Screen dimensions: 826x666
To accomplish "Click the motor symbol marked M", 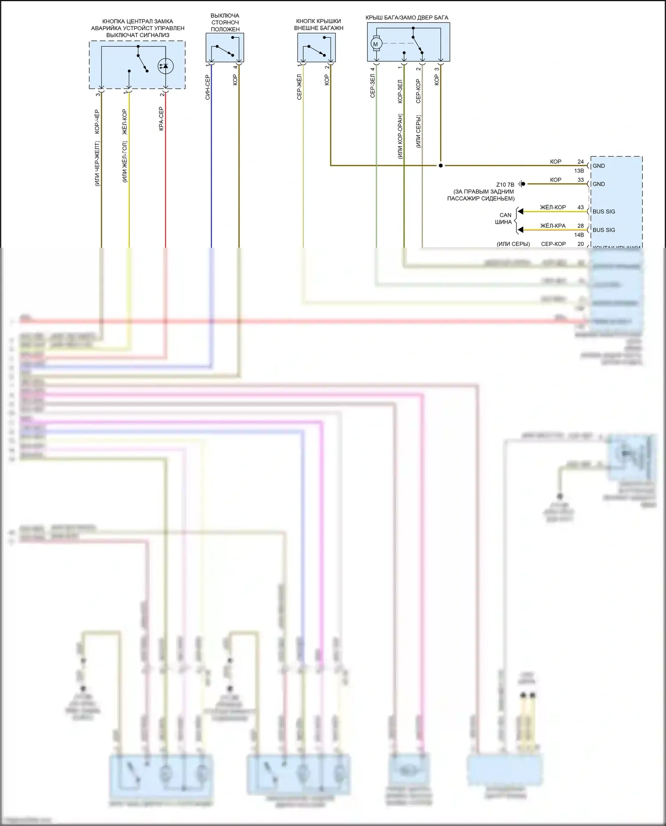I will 375,44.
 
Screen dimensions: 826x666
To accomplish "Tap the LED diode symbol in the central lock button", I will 166,67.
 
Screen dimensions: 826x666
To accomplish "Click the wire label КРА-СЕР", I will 161,119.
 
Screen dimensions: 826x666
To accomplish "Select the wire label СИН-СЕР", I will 207,87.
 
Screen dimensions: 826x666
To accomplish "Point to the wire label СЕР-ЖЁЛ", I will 299,87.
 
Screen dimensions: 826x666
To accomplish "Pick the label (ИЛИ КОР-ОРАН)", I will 400,136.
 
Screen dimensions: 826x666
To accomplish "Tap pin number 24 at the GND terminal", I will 580,162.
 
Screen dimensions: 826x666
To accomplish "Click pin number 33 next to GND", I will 580,180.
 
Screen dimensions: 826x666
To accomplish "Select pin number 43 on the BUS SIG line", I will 580,207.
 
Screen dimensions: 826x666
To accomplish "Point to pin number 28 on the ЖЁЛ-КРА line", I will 580,226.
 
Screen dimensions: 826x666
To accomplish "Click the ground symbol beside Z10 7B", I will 523,184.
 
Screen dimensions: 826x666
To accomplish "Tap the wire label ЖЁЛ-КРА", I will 553,226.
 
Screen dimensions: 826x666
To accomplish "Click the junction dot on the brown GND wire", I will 440,166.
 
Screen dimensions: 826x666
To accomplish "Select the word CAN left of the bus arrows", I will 505,215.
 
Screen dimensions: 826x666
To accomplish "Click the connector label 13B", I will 579,171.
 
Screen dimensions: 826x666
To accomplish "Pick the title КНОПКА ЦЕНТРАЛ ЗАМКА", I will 138,21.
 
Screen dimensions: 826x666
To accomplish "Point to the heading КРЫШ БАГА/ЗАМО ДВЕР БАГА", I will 407,18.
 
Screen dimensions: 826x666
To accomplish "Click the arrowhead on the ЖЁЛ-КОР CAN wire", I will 520,211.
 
